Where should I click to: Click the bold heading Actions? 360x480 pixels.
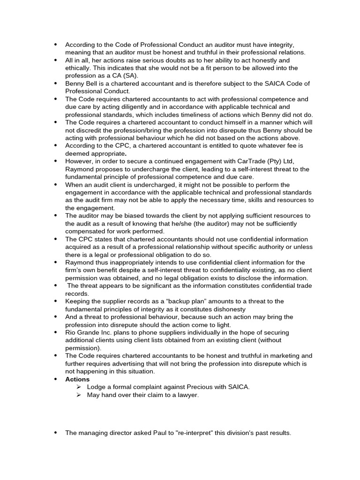click(x=77, y=379)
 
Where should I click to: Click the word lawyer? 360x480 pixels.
click(x=188, y=395)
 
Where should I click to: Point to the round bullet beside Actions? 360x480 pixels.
click(x=55, y=379)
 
